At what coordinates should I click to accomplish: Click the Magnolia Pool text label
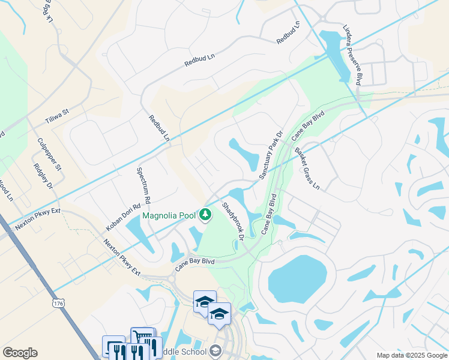click(169, 215)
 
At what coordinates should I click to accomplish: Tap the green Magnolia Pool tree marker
click(206, 215)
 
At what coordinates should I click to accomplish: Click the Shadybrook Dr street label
click(232, 221)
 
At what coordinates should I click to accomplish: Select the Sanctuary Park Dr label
click(271, 156)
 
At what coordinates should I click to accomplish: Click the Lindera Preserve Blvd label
click(351, 55)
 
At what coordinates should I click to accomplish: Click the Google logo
click(20, 353)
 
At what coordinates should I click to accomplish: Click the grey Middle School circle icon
click(215, 352)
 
